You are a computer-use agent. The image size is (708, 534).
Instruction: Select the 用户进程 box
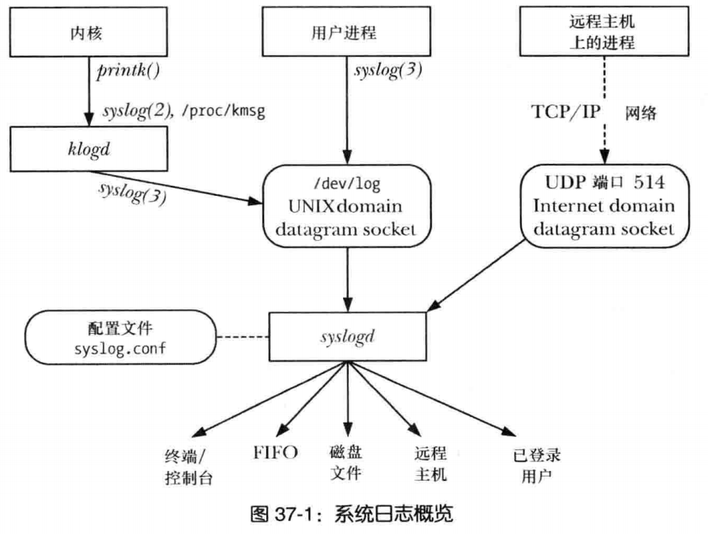coord(348,33)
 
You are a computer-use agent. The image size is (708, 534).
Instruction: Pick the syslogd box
coord(348,337)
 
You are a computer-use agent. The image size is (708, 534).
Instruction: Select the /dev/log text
coord(348,184)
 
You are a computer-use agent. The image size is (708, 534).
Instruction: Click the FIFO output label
coord(276,453)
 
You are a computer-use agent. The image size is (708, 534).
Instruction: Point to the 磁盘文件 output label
coord(347,462)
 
